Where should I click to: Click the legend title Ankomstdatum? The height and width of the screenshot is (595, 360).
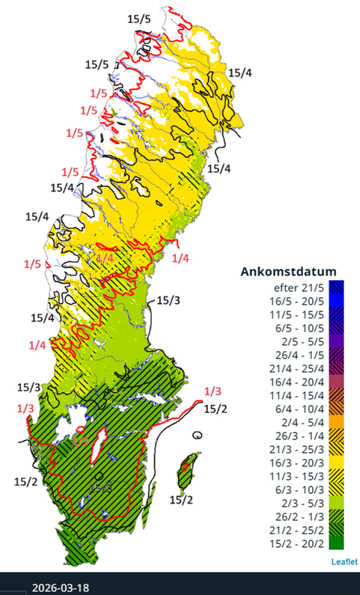point(288,271)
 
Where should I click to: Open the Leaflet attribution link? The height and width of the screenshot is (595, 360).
point(344,561)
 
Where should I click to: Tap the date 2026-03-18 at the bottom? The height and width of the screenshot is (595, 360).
point(61,587)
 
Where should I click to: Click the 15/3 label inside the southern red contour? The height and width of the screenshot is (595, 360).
point(101,488)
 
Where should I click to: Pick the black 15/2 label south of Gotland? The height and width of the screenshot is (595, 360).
point(181,499)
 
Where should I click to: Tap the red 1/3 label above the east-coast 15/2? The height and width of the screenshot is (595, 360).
point(213,391)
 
